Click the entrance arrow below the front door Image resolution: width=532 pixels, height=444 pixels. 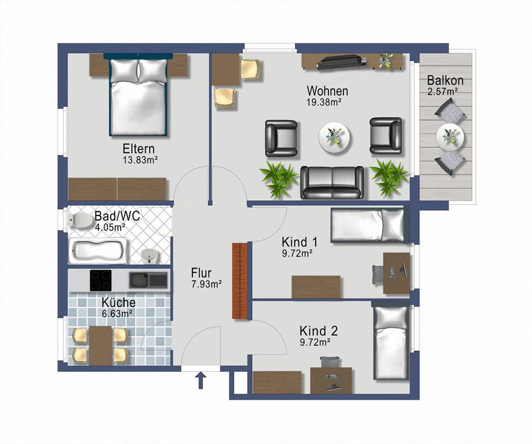click(x=201, y=381)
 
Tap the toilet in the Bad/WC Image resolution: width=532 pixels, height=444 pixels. click(x=81, y=220)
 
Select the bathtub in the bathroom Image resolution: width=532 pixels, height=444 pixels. click(x=98, y=251)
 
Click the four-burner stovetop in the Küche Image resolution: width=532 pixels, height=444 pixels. click(x=101, y=280)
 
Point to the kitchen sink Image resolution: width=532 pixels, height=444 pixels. click(x=148, y=280)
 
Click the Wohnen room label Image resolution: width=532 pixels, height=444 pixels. click(x=327, y=91)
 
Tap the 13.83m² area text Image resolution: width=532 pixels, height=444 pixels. click(x=140, y=160)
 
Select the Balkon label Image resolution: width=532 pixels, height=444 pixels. click(x=445, y=80)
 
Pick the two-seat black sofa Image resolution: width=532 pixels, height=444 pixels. click(x=332, y=182)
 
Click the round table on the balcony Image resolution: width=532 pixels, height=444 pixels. click(x=450, y=136)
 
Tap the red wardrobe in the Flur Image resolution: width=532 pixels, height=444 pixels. click(x=239, y=281)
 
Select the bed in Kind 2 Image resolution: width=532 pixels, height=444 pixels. click(x=391, y=342)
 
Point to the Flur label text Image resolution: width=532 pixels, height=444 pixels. click(x=201, y=273)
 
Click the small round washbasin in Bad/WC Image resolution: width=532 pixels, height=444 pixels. click(x=150, y=255)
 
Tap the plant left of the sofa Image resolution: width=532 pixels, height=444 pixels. click(x=279, y=179)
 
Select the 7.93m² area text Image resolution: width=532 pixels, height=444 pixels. click(x=207, y=285)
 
